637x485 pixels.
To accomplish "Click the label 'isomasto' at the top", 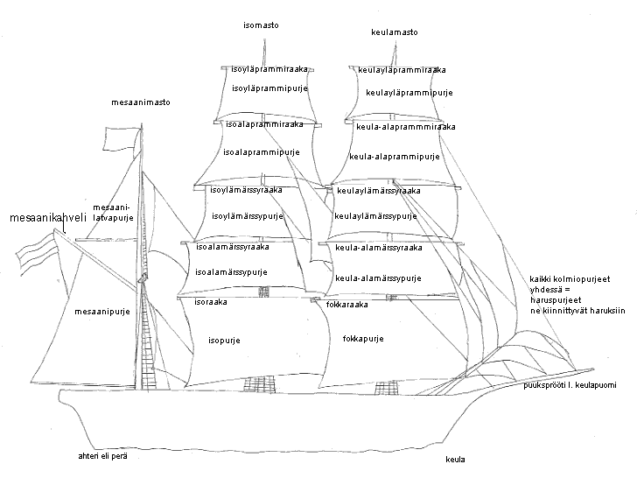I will click(261, 25).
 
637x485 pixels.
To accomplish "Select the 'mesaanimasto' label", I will click(140, 102).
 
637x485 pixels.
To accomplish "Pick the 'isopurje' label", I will click(224, 340).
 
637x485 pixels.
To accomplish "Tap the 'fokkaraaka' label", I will click(346, 305).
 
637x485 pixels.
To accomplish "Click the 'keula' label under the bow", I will click(455, 460).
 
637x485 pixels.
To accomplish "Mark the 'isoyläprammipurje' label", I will click(269, 88).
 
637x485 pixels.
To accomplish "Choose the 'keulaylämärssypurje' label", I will click(375, 215).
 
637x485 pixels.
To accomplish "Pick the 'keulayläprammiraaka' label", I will click(402, 70).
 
